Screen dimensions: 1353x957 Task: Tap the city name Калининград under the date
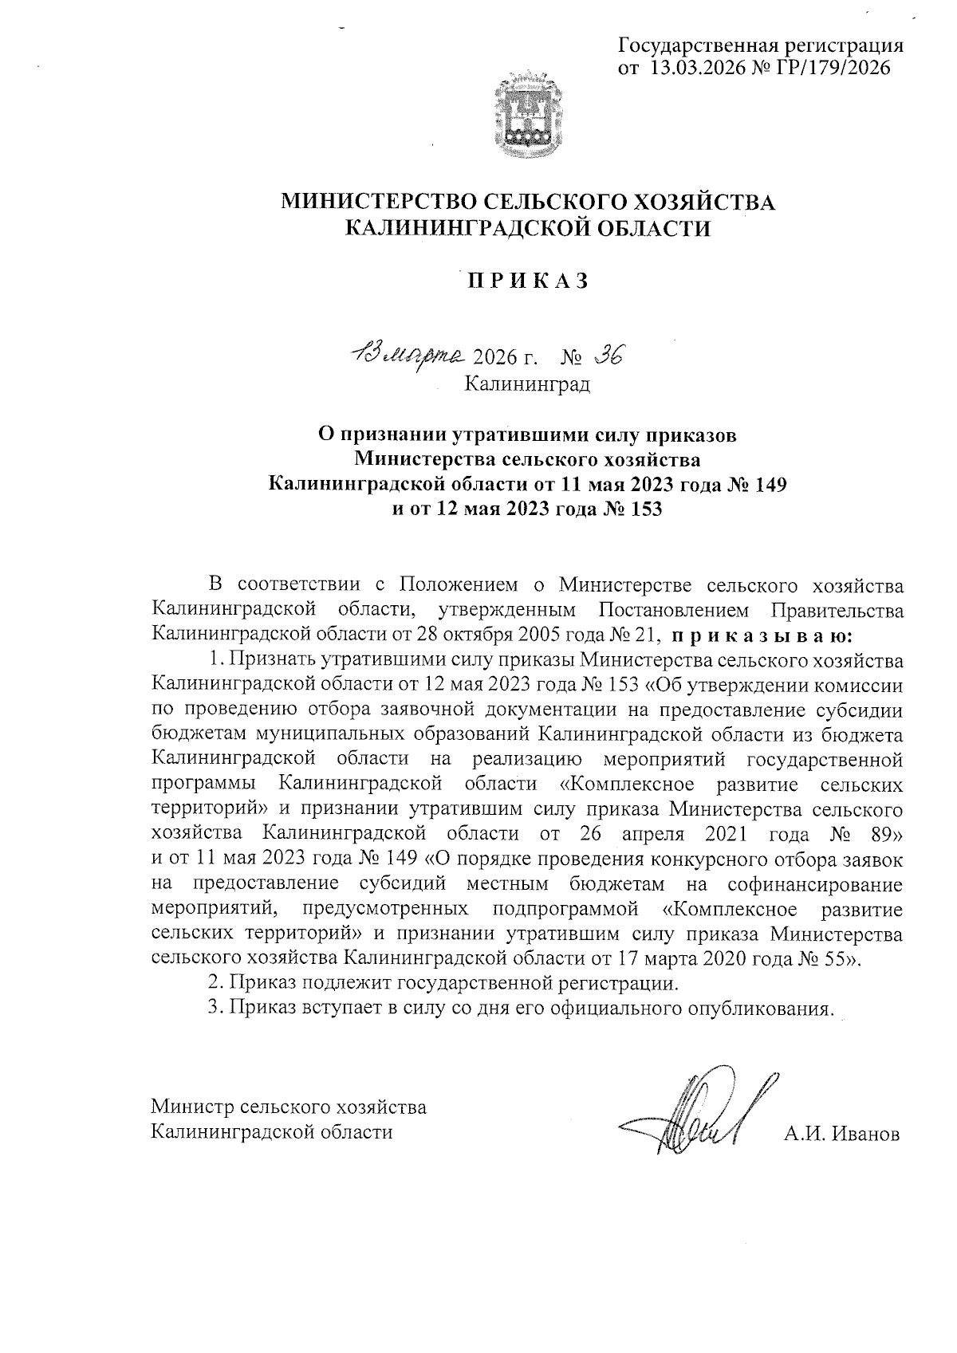tap(528, 385)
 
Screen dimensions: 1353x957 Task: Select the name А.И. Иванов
tap(842, 1133)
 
